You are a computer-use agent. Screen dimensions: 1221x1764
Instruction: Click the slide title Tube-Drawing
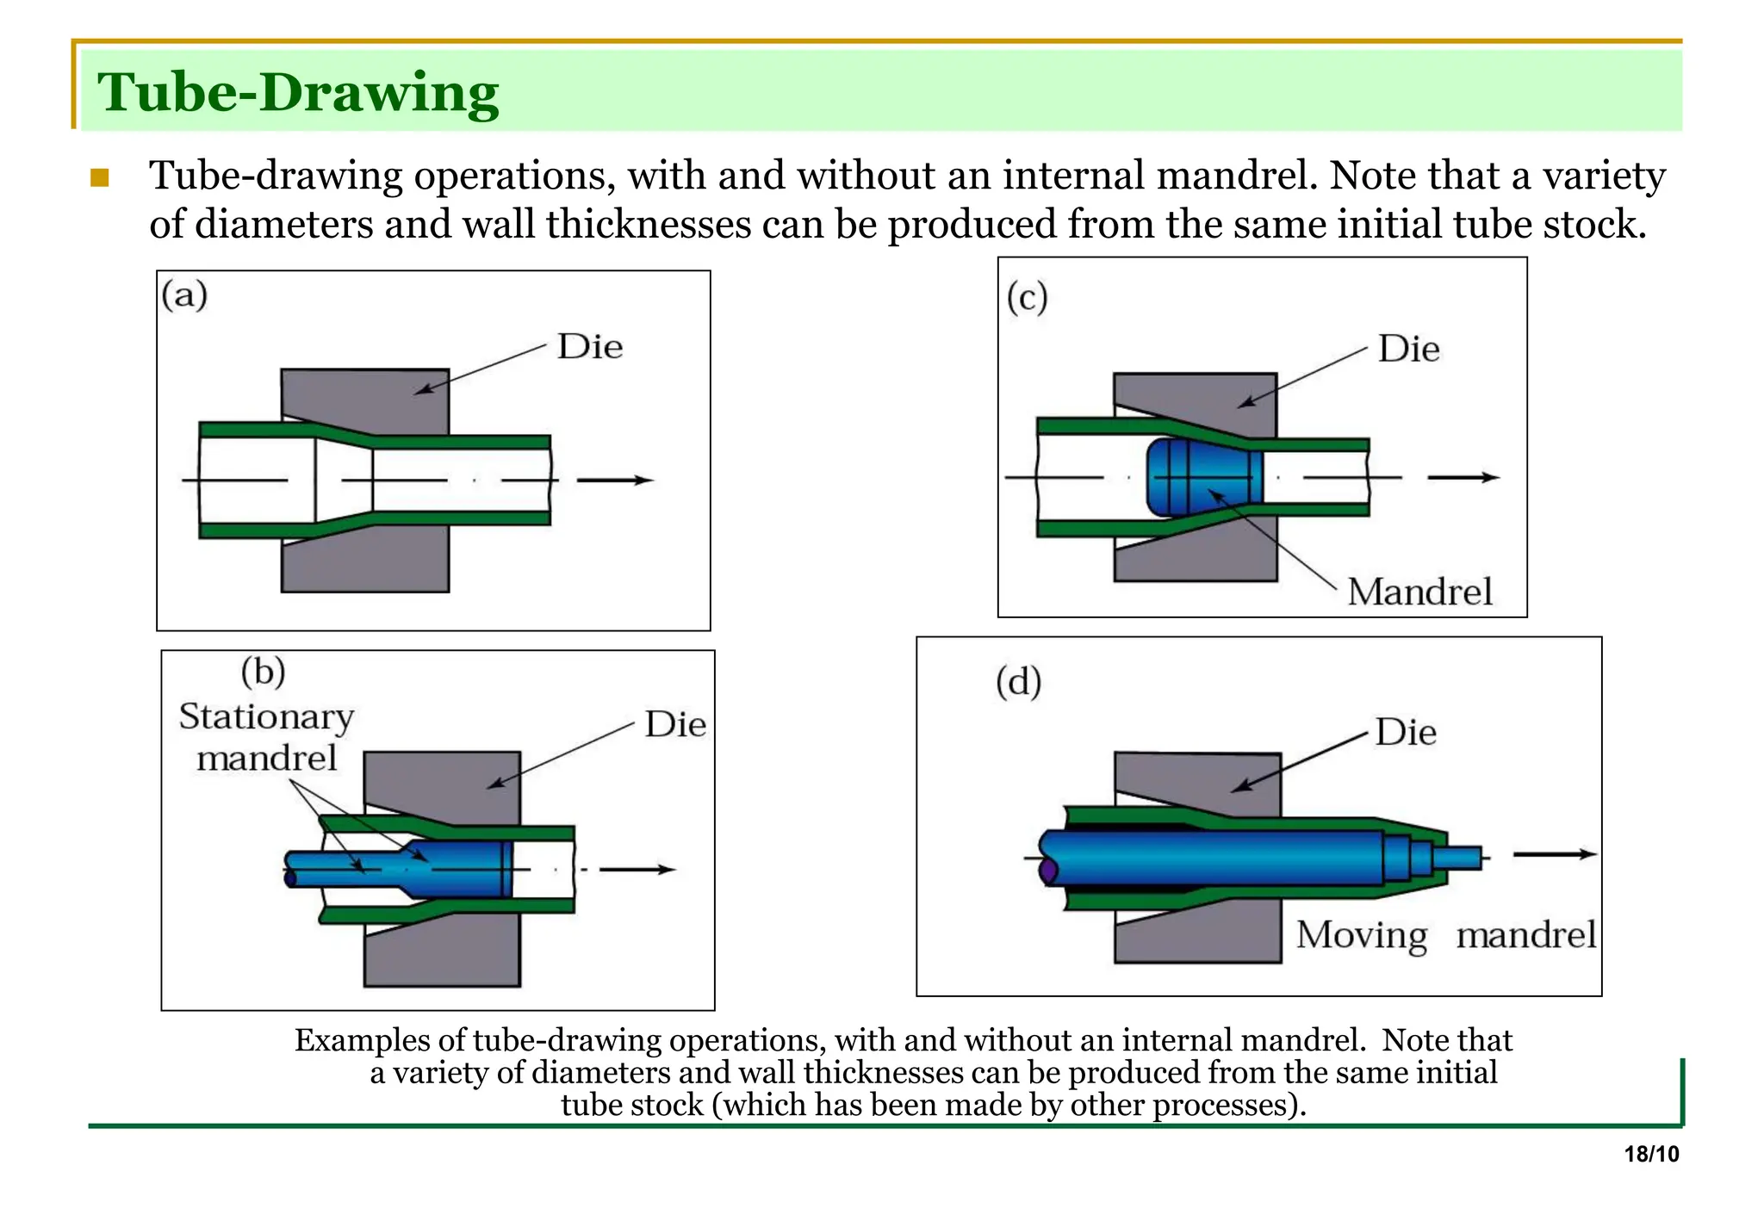pyautogui.click(x=298, y=93)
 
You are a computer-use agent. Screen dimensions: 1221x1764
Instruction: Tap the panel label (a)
pyautogui.click(x=185, y=295)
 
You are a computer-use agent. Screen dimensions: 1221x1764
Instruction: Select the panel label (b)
pyautogui.click(x=263, y=672)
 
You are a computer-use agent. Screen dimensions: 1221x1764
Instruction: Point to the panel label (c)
pyautogui.click(x=1027, y=298)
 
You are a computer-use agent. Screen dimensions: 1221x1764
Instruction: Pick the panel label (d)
pyautogui.click(x=1018, y=682)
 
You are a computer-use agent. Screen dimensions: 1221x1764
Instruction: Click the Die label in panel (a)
pyautogui.click(x=590, y=347)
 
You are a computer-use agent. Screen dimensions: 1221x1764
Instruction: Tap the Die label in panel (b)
pyautogui.click(x=675, y=725)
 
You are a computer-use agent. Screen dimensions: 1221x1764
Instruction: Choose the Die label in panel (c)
pyautogui.click(x=1408, y=350)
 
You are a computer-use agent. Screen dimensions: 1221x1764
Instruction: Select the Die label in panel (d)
pyautogui.click(x=1406, y=733)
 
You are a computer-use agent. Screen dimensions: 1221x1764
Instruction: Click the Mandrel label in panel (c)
pyautogui.click(x=1419, y=592)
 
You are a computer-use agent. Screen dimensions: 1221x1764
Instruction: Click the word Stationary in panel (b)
pyautogui.click(x=266, y=717)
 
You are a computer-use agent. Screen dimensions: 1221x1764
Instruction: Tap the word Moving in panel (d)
pyautogui.click(x=1362, y=935)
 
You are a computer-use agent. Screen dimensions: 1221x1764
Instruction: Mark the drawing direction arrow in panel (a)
pyautogui.click(x=615, y=480)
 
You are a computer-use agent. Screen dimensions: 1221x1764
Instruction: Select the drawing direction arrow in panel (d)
pyautogui.click(x=1554, y=854)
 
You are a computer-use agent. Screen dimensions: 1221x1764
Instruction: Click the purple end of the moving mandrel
pyautogui.click(x=1048, y=871)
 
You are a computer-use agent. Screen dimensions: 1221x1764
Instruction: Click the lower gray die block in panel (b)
pyautogui.click(x=442, y=951)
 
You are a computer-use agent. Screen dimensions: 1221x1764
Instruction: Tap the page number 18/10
pyautogui.click(x=1651, y=1155)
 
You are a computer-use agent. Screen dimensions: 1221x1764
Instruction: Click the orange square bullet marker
pyautogui.click(x=100, y=178)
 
